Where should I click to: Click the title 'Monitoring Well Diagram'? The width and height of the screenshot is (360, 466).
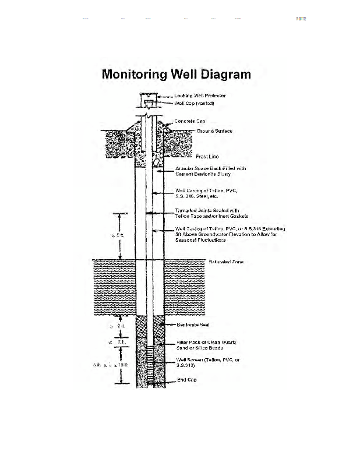click(x=177, y=75)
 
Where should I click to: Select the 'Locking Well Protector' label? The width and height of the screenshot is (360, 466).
click(x=200, y=96)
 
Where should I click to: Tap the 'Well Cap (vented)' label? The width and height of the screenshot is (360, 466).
click(x=195, y=103)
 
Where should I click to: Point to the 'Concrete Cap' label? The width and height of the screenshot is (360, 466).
click(x=190, y=121)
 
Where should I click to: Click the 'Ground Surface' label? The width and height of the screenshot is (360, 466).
click(x=214, y=131)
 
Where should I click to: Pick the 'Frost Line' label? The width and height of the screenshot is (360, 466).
click(x=207, y=157)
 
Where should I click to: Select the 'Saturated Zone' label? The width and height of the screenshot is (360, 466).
click(x=226, y=262)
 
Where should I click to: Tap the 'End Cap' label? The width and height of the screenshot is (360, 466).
click(x=186, y=380)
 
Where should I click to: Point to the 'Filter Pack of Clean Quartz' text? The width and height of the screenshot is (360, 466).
click(x=206, y=342)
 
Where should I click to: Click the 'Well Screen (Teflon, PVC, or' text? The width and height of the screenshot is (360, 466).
click(x=208, y=360)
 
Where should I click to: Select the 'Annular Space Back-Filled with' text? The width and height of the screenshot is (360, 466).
click(x=210, y=168)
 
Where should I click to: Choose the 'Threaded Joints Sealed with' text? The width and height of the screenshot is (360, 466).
click(x=207, y=210)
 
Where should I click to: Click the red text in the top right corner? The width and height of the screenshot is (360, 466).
click(x=301, y=19)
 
